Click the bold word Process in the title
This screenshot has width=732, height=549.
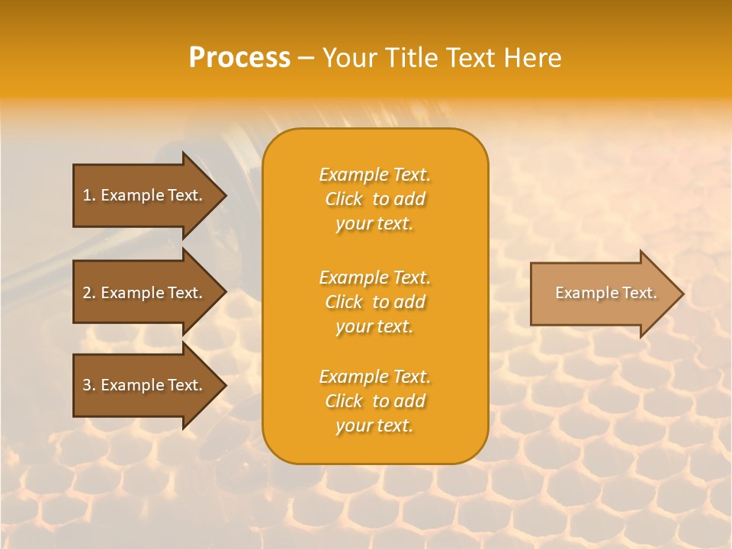[x=239, y=58]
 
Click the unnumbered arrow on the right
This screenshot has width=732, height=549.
[x=602, y=294]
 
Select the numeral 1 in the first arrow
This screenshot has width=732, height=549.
[x=87, y=195]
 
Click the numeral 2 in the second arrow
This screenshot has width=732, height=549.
[x=87, y=293]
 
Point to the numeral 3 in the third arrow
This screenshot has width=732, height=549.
[x=87, y=385]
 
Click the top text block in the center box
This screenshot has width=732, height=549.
[x=375, y=199]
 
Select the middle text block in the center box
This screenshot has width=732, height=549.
[x=375, y=302]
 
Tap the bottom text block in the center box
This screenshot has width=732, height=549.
[x=375, y=401]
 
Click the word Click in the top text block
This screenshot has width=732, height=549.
[x=344, y=199]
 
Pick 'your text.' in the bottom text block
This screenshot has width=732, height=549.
[x=374, y=425]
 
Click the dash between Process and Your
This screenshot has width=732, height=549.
[x=307, y=59]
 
